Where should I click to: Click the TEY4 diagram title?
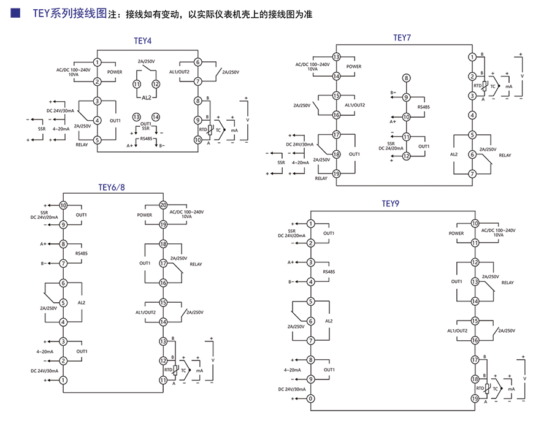coord(142,41)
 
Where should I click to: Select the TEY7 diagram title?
coord(402,37)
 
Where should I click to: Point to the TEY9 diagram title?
coord(391,203)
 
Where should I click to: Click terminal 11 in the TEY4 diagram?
coord(137,84)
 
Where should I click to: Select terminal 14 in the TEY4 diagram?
coord(156,116)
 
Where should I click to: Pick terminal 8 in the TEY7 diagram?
coord(405,78)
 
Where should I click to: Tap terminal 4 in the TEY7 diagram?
coord(472,115)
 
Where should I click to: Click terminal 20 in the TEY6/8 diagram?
coord(163,205)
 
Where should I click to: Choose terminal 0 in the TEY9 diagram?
coord(311,399)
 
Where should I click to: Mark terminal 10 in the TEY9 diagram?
coord(475,224)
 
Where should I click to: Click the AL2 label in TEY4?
coord(146,97)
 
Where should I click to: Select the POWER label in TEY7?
coord(354,66)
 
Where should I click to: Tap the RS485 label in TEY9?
coord(329,272)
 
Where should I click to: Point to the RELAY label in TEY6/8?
coord(196,264)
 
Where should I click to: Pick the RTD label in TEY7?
coord(476,86)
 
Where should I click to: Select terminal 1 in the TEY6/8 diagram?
coord(63,380)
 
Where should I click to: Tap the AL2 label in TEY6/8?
coord(82,303)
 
